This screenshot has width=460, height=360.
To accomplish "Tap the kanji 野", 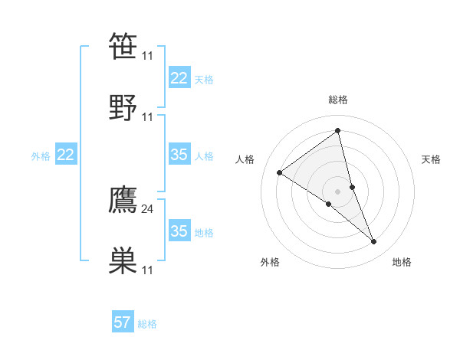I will click(123, 107).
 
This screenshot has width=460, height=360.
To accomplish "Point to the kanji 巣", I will click(123, 260).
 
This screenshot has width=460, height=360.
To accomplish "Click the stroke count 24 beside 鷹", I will click(148, 208).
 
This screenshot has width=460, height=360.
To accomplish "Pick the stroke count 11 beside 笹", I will click(148, 56).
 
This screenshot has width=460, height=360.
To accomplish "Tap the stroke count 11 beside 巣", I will click(148, 270).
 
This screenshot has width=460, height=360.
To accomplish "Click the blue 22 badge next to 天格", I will click(179, 78).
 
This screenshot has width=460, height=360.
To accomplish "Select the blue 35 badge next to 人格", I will click(179, 155).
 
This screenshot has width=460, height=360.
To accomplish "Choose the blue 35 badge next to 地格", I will click(179, 231).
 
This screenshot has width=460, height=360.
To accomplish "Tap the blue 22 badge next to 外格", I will click(66, 155).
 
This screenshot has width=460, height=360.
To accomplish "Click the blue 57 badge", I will click(122, 322).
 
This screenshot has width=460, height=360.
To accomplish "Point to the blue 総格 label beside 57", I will click(147, 324).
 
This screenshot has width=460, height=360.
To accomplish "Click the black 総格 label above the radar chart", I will click(338, 100).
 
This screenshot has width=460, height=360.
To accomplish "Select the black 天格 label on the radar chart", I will click(432, 159).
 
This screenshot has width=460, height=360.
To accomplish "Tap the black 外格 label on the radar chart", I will click(270, 263).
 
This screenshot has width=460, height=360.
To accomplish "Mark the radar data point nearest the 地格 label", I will click(374, 242).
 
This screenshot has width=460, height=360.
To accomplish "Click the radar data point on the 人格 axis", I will click(280, 172).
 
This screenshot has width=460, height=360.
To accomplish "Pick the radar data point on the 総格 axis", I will click(338, 131).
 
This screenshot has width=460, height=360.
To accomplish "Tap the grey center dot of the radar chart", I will click(338, 191).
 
